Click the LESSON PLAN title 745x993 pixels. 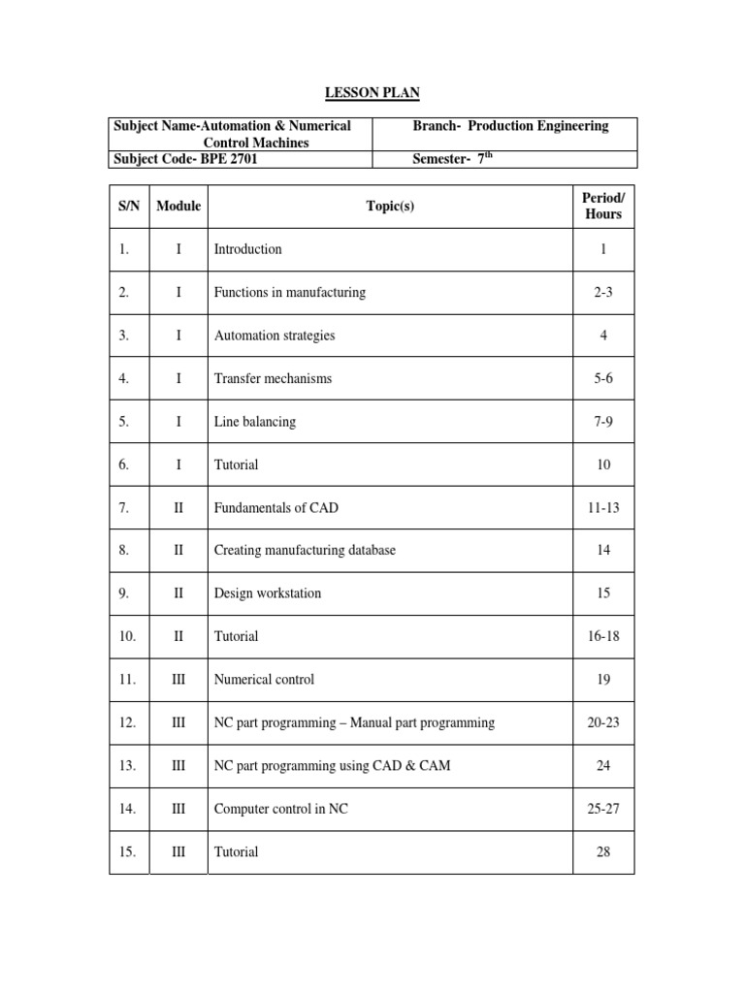pos(372,92)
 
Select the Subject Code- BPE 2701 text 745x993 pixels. pos(186,160)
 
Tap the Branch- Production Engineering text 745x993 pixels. pos(510,126)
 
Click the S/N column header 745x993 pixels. pos(128,206)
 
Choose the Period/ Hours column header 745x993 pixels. pos(603,206)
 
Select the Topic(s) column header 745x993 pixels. pos(390,206)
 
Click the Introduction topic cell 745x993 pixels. pos(248,249)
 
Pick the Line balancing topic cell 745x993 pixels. pos(255,422)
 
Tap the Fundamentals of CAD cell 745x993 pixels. pos(276,508)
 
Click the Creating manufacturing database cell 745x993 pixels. pos(305,551)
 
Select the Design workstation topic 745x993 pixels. pos(268,593)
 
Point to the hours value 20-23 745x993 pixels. pos(603,722)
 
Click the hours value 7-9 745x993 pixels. pos(603,422)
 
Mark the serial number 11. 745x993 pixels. pos(128,680)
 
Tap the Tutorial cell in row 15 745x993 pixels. pos(237,852)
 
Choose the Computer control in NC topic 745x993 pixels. pos(280,809)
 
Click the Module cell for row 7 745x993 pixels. pos(178,508)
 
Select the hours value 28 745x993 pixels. pos(603,852)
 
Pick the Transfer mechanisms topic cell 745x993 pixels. pos(273,379)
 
